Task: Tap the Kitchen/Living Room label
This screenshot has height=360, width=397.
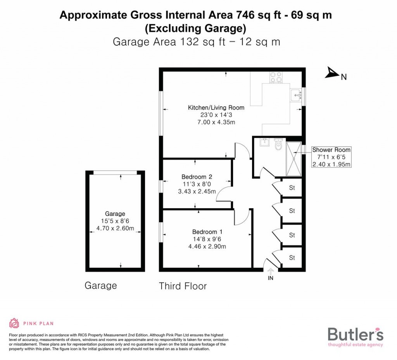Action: (x=216, y=107)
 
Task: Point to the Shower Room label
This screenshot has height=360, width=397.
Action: (x=331, y=150)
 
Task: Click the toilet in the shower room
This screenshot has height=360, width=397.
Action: (x=278, y=145)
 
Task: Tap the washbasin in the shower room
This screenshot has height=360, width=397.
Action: (x=264, y=142)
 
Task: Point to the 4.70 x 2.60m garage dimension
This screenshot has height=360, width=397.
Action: (x=115, y=228)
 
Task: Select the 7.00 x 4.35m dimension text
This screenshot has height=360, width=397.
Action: (x=216, y=122)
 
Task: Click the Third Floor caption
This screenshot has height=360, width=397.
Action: (x=183, y=286)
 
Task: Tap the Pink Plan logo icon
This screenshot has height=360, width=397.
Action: (x=14, y=323)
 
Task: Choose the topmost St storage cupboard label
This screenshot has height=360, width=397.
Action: (x=292, y=188)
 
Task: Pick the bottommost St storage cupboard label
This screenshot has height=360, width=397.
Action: (x=292, y=258)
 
